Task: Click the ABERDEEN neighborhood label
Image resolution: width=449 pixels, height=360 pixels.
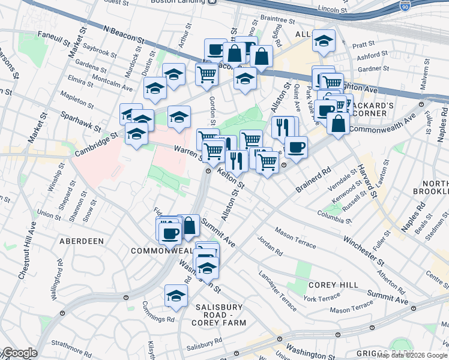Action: click(82, 241)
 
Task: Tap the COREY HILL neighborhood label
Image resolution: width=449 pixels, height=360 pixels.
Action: click(333, 285)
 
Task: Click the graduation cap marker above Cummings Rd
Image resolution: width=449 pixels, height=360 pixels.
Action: click(176, 296)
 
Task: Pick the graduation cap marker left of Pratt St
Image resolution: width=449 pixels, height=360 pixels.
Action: click(324, 41)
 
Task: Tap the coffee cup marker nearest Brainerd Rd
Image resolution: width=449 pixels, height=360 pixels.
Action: click(295, 147)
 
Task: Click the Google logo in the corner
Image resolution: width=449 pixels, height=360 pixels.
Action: click(19, 353)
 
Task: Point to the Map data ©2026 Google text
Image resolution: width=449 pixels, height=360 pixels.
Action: click(412, 355)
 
